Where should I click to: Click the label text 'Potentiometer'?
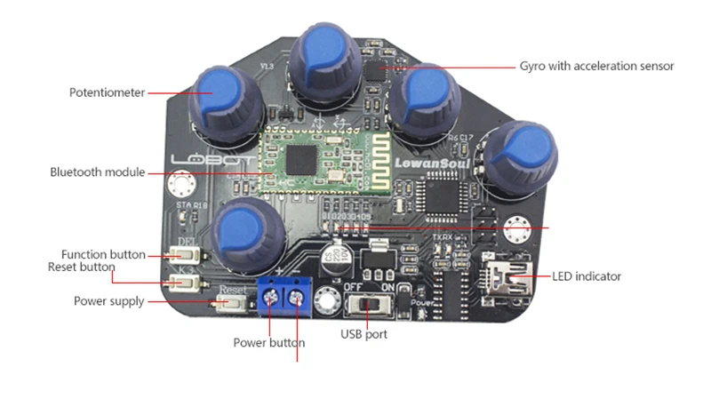(107, 92)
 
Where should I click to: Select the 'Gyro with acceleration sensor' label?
(596, 66)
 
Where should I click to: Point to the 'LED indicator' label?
(587, 276)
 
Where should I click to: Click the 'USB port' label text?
(364, 335)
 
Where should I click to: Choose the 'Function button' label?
(103, 255)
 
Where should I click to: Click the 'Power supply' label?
(108, 301)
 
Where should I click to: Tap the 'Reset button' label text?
(81, 267)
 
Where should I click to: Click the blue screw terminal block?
(284, 298)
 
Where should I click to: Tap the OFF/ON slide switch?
(366, 306)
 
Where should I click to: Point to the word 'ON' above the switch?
(388, 287)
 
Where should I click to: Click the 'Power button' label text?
(269, 342)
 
